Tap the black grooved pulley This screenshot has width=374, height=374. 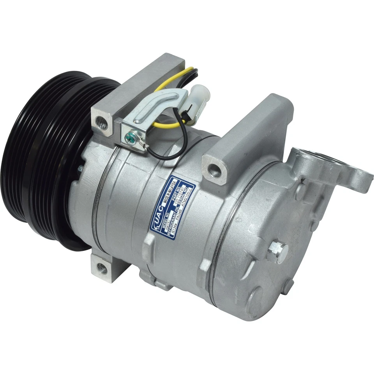point(43,160)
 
